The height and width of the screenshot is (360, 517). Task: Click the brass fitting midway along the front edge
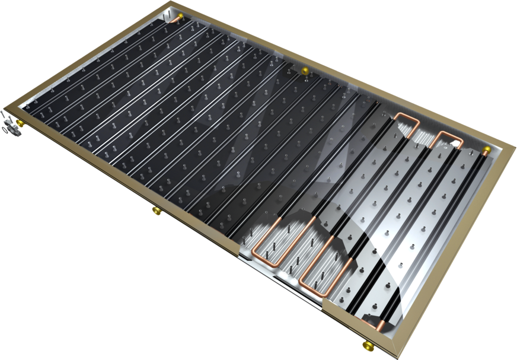156,210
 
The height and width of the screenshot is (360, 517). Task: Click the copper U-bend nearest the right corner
449,140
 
